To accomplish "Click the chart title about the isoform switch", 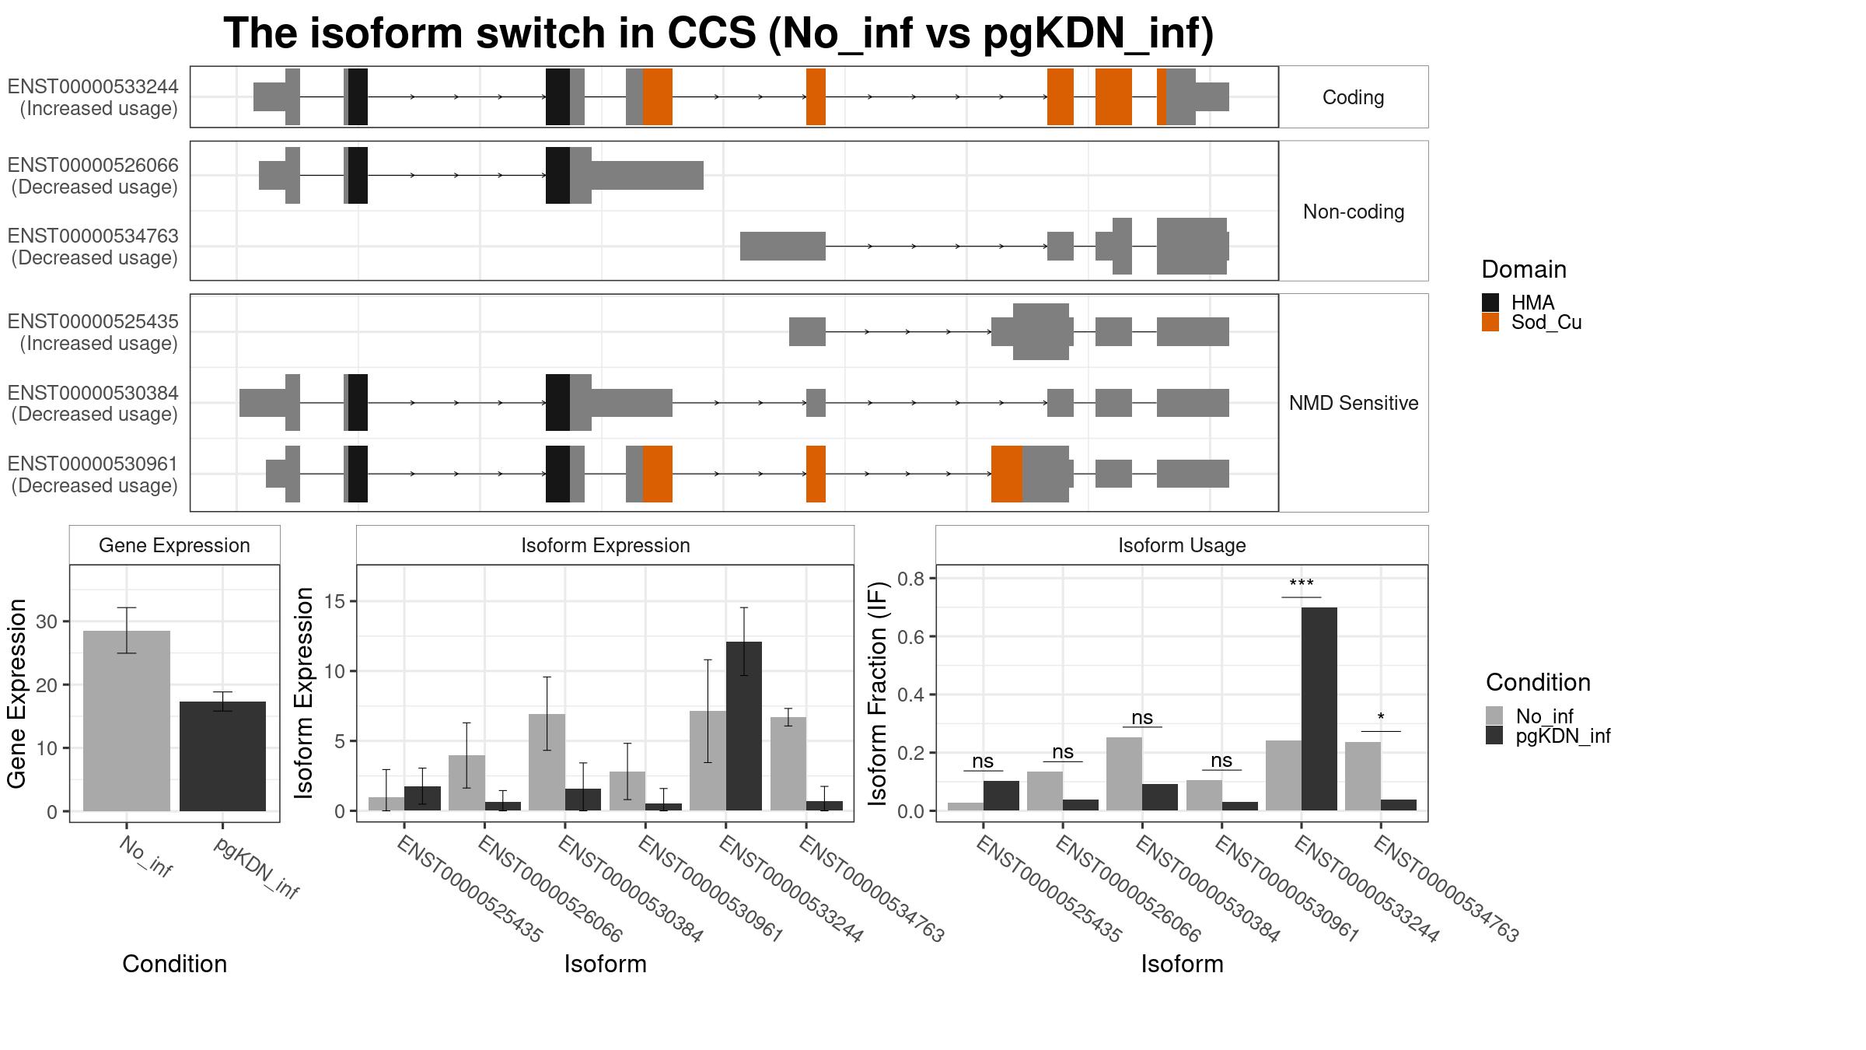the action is [718, 33].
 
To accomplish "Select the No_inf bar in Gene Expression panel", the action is [127, 721].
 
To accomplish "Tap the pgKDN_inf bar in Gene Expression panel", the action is [222, 756].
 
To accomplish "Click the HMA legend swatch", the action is [1490, 303].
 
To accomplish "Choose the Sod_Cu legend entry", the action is [1532, 322].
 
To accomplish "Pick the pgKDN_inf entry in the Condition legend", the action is [1548, 736].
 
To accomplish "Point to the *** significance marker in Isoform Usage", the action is [1302, 584].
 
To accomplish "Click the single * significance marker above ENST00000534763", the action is [1381, 717].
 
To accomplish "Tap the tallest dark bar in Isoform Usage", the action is [1319, 709].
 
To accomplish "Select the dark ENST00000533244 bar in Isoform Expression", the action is [744, 726].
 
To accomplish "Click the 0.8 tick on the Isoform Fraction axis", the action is [911, 579].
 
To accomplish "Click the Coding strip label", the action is [1354, 97].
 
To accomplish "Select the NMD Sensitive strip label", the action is [1354, 403].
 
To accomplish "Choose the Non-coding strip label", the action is [1354, 212].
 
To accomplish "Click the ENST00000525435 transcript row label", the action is [93, 332].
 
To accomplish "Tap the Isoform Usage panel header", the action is [1182, 545].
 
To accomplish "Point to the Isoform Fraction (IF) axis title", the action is [879, 693].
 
